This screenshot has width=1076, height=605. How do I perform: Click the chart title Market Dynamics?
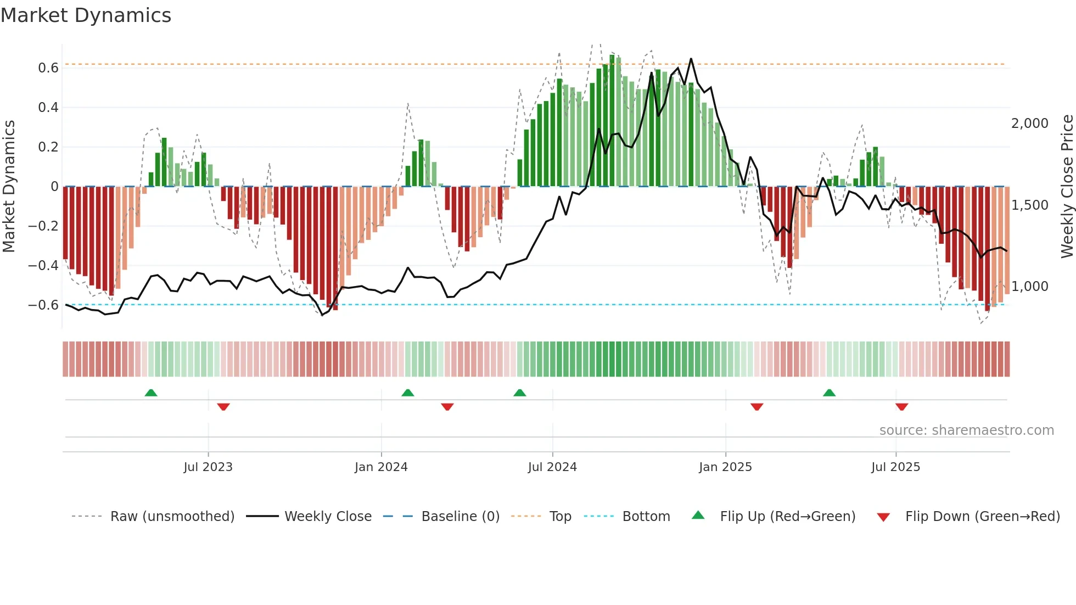click(86, 15)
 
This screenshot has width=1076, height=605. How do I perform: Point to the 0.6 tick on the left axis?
click(48, 68)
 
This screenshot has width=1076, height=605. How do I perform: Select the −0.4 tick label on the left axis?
click(43, 266)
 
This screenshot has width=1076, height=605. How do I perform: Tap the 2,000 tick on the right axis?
click(1029, 124)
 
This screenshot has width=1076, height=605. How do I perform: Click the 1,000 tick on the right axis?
click(1029, 287)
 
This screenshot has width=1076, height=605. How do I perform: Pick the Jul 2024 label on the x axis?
click(552, 467)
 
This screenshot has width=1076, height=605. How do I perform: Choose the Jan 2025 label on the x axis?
click(725, 467)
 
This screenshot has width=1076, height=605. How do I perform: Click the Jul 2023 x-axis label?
click(208, 467)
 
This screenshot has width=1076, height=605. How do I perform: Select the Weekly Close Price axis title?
click(1067, 186)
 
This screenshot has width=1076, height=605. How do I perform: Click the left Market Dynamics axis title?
click(9, 186)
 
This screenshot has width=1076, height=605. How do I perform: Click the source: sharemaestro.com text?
click(966, 430)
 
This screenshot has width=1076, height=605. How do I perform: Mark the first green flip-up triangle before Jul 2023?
click(151, 393)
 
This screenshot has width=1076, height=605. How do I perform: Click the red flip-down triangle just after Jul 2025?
click(901, 407)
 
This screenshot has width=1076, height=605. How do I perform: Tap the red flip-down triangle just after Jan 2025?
click(756, 407)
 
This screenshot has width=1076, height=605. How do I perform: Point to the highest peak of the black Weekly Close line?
click(691, 59)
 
